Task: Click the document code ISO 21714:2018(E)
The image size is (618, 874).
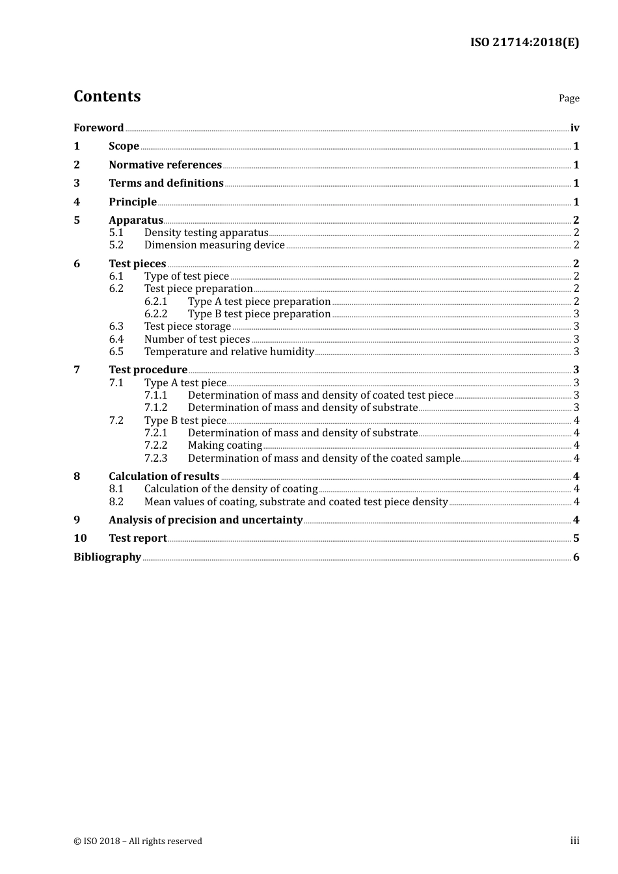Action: coord(524,43)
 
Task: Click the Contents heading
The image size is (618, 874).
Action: coord(107,96)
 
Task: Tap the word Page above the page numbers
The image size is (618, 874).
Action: coord(569,98)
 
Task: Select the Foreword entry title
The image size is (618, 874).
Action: coord(98,128)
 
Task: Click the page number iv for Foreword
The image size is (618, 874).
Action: coord(574,128)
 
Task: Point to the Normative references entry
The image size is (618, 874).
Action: coord(165,165)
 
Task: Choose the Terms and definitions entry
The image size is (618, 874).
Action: coord(166,183)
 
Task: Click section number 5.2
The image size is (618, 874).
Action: coord(116,245)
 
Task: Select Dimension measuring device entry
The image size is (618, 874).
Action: coord(214,245)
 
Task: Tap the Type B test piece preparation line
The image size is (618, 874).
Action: coord(259,314)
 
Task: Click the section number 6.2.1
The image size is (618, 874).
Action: coord(155,302)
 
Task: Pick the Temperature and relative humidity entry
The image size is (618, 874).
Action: coord(229,352)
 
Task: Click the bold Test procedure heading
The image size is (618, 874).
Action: coord(148,370)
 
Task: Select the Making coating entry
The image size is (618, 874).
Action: coord(224,445)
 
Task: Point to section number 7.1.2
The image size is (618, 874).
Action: coord(155,408)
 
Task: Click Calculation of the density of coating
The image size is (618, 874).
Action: coord(231,489)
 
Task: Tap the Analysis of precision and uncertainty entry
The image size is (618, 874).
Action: coord(206,520)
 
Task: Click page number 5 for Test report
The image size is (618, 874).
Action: coord(576,538)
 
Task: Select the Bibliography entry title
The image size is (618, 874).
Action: coord(107,557)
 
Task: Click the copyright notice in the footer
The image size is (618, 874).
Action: coord(138,841)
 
